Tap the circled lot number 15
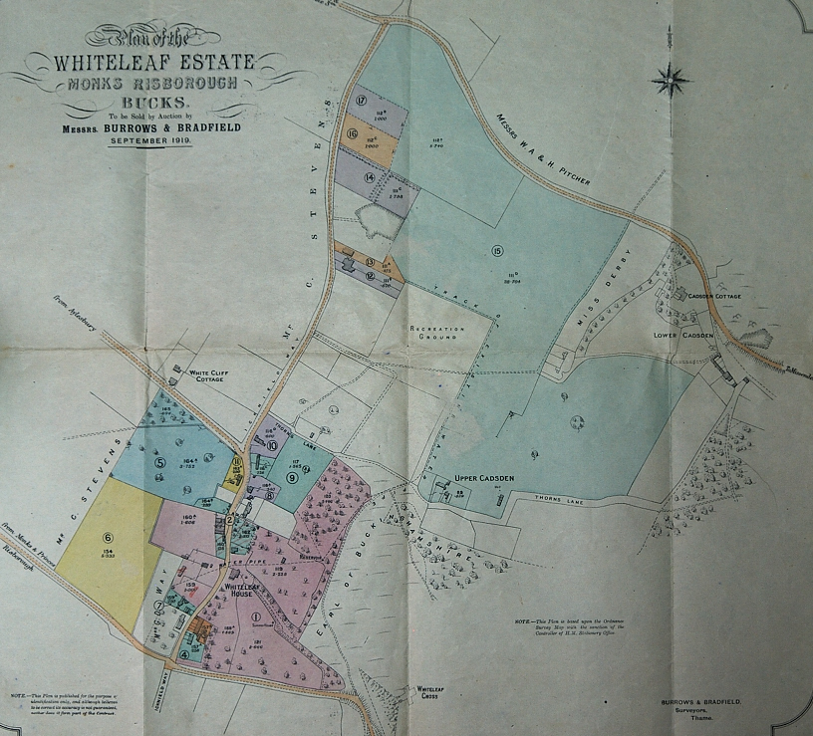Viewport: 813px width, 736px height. (497, 250)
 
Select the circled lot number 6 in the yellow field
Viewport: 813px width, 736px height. (108, 537)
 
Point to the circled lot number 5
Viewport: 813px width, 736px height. (159, 462)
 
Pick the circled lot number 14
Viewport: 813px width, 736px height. (370, 177)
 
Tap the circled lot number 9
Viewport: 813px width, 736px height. (292, 477)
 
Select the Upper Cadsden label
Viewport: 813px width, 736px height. (483, 478)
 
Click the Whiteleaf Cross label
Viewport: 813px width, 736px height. (429, 693)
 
